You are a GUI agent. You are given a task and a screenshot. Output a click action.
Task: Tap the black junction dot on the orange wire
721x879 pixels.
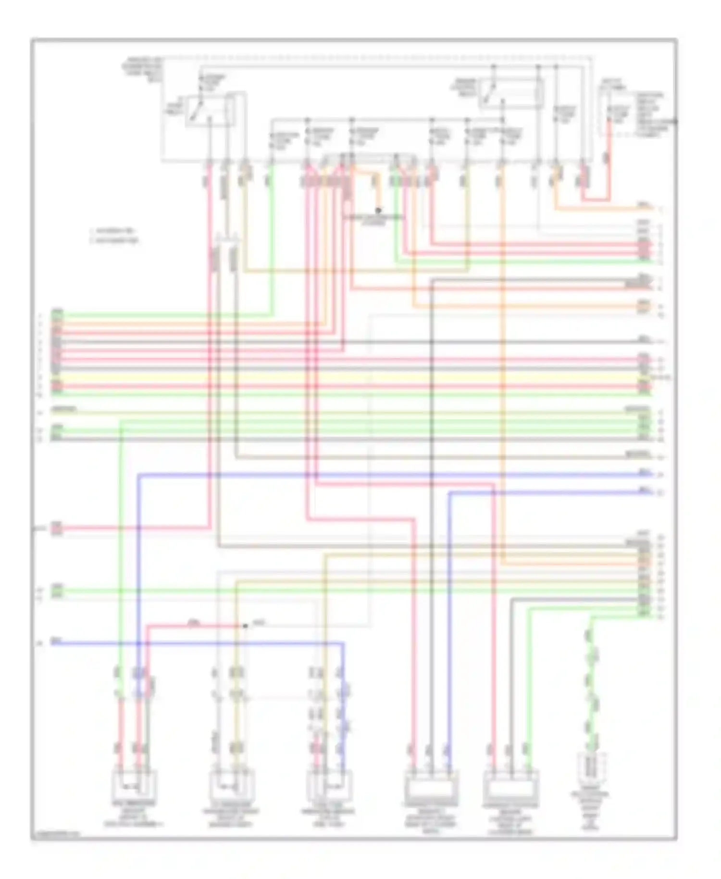pos(378,210)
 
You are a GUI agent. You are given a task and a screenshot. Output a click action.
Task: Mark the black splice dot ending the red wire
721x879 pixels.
pos(245,626)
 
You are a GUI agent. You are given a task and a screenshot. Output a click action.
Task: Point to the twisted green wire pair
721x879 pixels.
pos(591,688)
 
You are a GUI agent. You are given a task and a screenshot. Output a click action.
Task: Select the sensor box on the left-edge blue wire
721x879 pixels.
pos(329,785)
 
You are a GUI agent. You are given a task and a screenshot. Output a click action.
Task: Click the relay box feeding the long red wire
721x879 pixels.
pos(210,111)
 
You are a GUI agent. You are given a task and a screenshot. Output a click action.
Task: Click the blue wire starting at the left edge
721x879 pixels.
pos(192,642)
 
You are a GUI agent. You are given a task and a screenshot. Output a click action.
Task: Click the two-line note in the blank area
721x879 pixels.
pos(114,235)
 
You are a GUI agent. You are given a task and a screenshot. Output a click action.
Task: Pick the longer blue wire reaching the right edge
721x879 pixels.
pos(385,475)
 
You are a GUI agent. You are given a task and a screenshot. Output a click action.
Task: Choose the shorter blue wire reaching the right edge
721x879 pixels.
pos(548,492)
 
